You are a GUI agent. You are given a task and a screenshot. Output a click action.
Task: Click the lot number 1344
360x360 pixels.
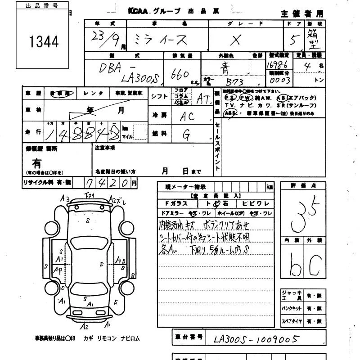44,42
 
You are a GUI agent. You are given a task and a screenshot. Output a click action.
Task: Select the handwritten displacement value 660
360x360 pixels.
180,74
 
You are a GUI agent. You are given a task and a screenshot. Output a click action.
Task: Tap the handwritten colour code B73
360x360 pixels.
234,82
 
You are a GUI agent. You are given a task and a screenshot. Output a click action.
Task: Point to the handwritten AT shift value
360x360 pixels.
203,99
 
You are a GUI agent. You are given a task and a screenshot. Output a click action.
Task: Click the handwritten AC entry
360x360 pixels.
187,116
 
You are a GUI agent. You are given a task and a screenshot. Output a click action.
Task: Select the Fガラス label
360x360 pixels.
176,204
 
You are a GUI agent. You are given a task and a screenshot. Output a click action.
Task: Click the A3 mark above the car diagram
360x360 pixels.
64,198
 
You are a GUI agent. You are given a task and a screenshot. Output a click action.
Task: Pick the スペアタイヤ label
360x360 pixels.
292,322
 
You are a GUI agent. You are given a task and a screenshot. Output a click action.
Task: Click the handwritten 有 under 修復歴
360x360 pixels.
36,163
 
